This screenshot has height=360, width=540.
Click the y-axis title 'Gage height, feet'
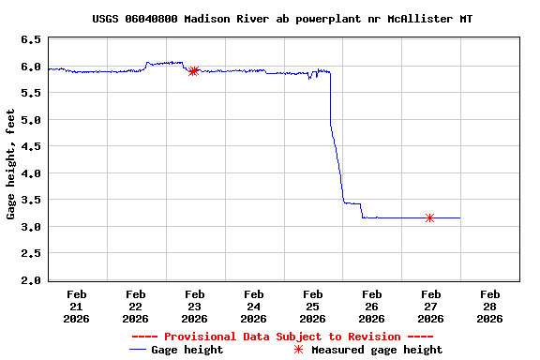[11, 164]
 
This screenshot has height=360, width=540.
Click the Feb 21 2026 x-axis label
[77, 306]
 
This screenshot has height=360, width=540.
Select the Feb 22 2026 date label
[136, 306]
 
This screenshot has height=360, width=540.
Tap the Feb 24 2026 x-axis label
[253, 306]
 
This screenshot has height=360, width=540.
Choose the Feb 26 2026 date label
[371, 306]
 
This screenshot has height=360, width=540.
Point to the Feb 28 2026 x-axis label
[489, 306]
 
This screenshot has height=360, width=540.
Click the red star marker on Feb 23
[193, 71]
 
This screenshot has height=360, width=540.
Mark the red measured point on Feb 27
[429, 217]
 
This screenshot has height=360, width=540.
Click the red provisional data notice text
[282, 337]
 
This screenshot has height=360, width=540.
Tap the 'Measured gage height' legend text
[377, 350]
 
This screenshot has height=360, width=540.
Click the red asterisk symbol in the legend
[298, 350]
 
